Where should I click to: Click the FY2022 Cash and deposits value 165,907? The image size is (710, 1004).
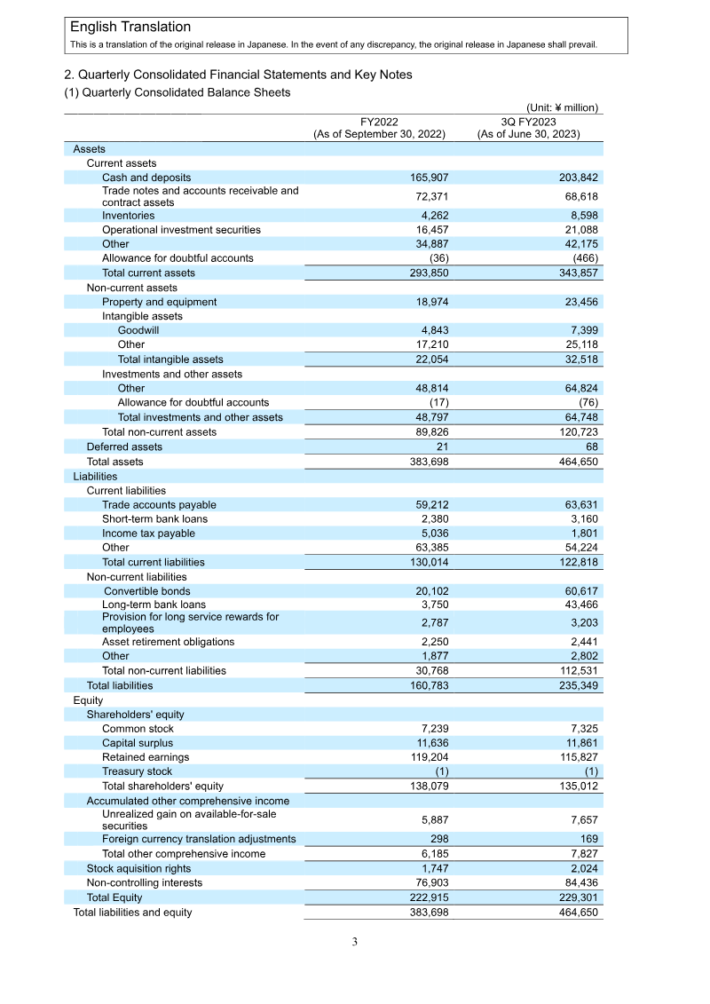pyautogui.click(x=425, y=178)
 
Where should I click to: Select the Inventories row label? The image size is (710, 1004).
pyautogui.click(x=128, y=216)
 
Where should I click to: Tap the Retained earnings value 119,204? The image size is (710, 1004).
pyautogui.click(x=425, y=757)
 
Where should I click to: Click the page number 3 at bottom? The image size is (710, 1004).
pyautogui.click(x=354, y=942)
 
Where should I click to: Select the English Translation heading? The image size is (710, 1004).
pyautogui.click(x=130, y=28)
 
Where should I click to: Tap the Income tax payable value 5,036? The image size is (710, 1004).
pyautogui.click(x=430, y=534)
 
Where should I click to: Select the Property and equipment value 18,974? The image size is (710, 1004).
pyautogui.click(x=429, y=302)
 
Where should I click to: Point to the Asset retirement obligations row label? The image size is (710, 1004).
pyautogui.click(x=168, y=642)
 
